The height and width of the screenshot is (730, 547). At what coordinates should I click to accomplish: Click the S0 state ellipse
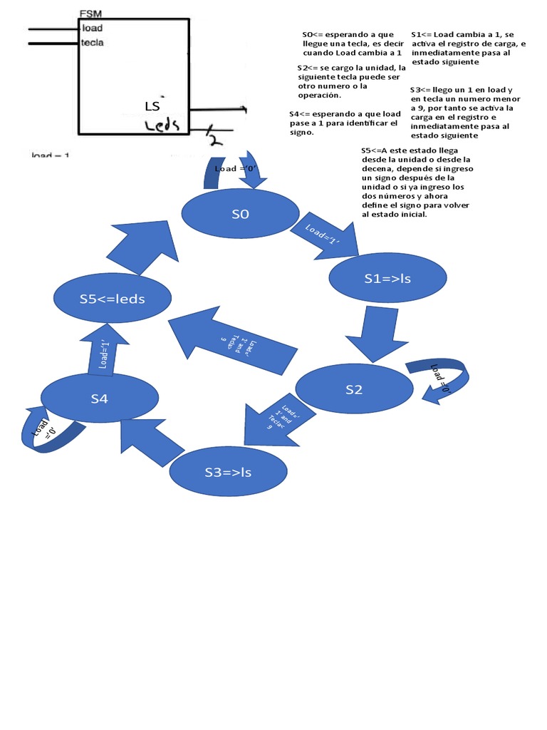[240, 214]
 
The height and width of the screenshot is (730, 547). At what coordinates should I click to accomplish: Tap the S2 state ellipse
[354, 389]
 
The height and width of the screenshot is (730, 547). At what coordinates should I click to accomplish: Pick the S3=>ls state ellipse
[227, 472]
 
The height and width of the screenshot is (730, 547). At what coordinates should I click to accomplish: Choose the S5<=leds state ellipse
[112, 299]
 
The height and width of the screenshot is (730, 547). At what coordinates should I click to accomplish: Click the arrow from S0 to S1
[323, 235]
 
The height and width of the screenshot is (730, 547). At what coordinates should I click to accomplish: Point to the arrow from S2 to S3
[271, 421]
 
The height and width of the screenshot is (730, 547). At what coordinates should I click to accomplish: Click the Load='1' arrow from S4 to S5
[105, 352]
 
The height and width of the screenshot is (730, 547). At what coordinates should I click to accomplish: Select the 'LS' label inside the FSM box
[152, 107]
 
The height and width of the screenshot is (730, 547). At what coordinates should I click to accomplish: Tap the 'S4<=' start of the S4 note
[299, 114]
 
